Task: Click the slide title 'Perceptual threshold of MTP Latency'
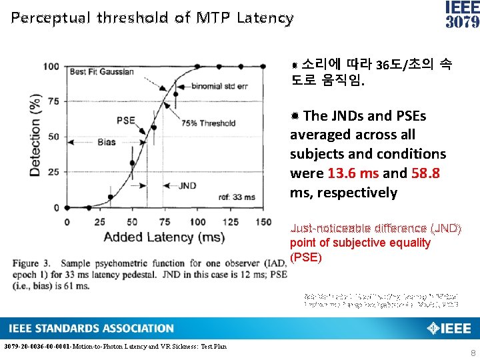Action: coord(152,18)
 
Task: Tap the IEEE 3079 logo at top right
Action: coord(461,15)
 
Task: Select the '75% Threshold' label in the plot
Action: coord(209,123)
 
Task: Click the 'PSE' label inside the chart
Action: coord(125,121)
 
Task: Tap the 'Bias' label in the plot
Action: coord(107,142)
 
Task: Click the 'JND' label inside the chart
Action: coord(187,185)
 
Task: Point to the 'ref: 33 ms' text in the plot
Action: coord(237,197)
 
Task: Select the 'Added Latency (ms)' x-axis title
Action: coord(164,237)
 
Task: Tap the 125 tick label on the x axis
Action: coord(230,222)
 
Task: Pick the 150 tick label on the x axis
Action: coord(263,222)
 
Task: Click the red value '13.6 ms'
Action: coord(353,173)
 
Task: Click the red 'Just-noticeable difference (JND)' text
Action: coord(375,229)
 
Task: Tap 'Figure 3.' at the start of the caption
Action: coord(35,263)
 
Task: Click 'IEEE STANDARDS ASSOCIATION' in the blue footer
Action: coord(91,328)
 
